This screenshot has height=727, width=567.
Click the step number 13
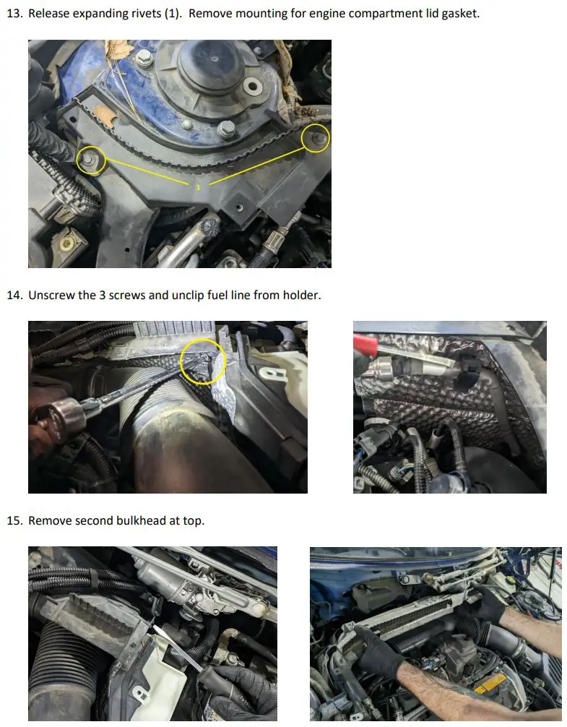(x=14, y=13)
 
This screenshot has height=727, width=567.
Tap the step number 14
(x=14, y=295)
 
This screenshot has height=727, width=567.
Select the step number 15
(x=14, y=520)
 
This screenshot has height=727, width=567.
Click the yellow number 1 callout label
(x=198, y=187)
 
